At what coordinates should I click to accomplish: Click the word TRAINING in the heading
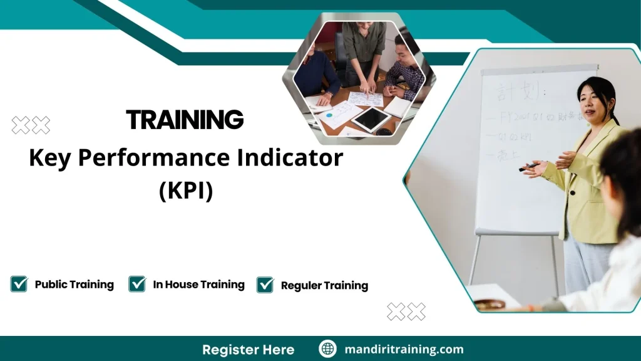[185, 119]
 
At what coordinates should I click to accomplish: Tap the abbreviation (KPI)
[186, 190]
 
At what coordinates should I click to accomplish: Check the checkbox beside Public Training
[19, 284]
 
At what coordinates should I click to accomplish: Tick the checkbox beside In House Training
[137, 284]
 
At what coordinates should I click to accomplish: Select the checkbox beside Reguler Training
[265, 285]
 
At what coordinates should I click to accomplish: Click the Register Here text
[248, 349]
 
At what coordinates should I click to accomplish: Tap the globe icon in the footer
[327, 349]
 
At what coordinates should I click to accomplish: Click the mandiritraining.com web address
[404, 349]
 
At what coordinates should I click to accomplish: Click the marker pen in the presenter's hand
[528, 167]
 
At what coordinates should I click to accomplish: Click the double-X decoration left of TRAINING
[31, 125]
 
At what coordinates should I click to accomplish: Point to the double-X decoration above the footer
[406, 311]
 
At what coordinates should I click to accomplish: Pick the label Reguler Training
[324, 285]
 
